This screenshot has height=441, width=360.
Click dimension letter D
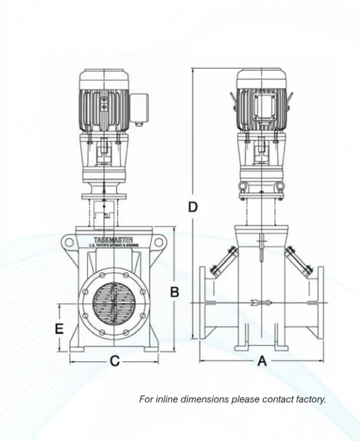click(x=193, y=207)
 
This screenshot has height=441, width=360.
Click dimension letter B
click(x=175, y=291)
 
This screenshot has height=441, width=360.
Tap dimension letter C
click(x=115, y=361)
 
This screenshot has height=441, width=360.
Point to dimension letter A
click(x=262, y=361)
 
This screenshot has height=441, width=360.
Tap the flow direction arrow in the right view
click(x=261, y=303)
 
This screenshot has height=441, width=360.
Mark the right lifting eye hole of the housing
click(x=159, y=242)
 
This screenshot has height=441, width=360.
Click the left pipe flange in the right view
click(x=204, y=303)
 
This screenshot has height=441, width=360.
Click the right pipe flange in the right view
click(x=320, y=303)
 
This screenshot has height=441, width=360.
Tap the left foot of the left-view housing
click(x=77, y=349)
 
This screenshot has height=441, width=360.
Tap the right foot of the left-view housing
click(x=151, y=349)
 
